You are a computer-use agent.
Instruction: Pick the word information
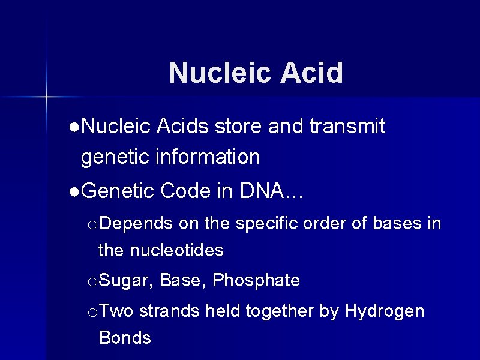(208, 157)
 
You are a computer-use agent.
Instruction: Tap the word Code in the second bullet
(185, 191)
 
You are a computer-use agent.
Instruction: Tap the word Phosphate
(256, 280)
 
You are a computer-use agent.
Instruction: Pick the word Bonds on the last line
(125, 338)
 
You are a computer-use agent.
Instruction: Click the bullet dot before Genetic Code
(73, 192)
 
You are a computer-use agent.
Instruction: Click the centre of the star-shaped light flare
(46, 96)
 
